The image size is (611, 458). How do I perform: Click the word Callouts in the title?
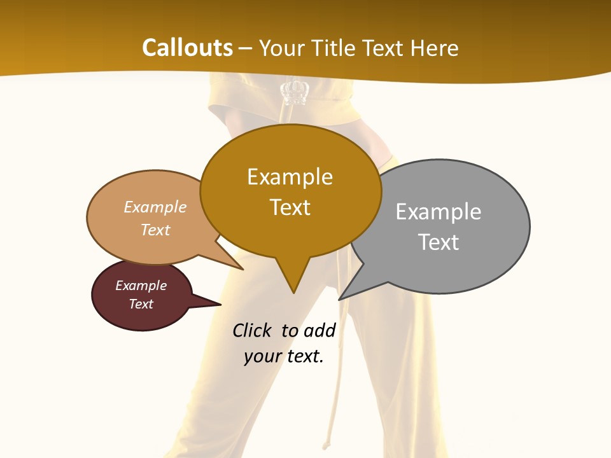pyautogui.click(x=187, y=48)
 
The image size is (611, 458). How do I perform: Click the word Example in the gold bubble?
pyautogui.click(x=290, y=177)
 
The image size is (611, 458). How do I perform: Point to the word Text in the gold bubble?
pyautogui.click(x=290, y=207)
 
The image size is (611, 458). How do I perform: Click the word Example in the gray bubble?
pyautogui.click(x=439, y=212)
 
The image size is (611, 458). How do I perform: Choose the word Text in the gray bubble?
pyautogui.click(x=439, y=242)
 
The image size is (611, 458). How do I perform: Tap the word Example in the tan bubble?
pyautogui.click(x=155, y=207)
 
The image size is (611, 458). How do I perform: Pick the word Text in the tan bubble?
pyautogui.click(x=155, y=230)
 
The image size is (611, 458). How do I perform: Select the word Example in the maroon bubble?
pyautogui.click(x=141, y=286)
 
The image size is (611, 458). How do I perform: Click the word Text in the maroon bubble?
pyautogui.click(x=141, y=304)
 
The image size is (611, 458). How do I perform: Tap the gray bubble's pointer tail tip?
pyautogui.click(x=339, y=299)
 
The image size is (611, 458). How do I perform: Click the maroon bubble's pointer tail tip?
pyautogui.click(x=220, y=304)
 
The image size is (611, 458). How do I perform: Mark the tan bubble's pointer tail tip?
pyautogui.click(x=243, y=270)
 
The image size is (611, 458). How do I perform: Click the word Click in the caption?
pyautogui.click(x=251, y=331)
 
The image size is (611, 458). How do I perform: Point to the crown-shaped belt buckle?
pyautogui.click(x=295, y=92)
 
